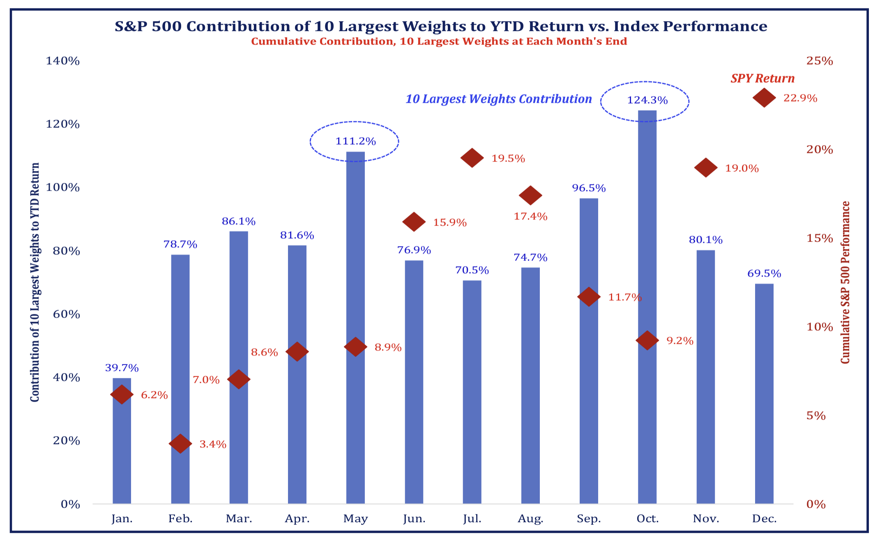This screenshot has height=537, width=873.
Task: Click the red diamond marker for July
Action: pyautogui.click(x=472, y=158)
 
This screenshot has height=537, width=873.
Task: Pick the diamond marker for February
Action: pyautogui.click(x=180, y=444)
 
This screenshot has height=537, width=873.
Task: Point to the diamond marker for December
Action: pyautogui.click(x=764, y=98)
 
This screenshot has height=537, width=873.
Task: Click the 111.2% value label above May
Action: pyautogui.click(x=355, y=141)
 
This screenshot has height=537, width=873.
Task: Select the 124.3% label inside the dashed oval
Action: pyautogui.click(x=647, y=100)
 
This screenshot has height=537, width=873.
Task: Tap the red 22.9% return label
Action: pyautogui.click(x=800, y=98)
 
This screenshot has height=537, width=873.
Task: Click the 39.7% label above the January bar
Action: pyautogui.click(x=122, y=368)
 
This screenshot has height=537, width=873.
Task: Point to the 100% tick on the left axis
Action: pyautogui.click(x=62, y=187)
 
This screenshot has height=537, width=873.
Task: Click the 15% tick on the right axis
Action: pyautogui.click(x=819, y=238)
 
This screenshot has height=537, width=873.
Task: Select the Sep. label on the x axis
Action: pyautogui.click(x=589, y=519)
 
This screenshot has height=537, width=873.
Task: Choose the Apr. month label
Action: pyautogui.click(x=297, y=519)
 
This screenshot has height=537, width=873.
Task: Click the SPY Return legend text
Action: pyautogui.click(x=762, y=78)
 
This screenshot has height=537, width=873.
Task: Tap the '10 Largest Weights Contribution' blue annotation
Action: pyautogui.click(x=498, y=99)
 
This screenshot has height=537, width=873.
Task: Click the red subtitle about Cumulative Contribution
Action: pyautogui.click(x=439, y=41)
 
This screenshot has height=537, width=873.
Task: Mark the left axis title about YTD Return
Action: pyautogui.click(x=35, y=282)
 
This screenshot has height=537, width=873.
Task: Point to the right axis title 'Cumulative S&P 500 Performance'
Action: pyautogui.click(x=845, y=282)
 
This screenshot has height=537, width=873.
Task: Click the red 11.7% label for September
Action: pyautogui.click(x=624, y=297)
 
